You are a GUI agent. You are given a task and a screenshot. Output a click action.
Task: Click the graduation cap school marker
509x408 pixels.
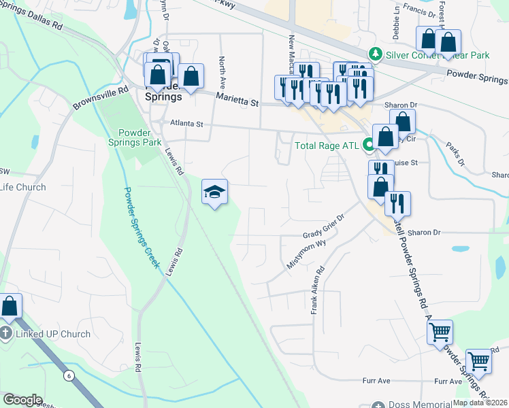pyautogui.click(x=214, y=192)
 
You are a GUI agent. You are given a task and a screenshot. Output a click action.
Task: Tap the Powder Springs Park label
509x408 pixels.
pyautogui.click(x=135, y=137)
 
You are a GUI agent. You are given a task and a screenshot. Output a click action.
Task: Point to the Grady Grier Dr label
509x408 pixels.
pyautogui.click(x=325, y=227)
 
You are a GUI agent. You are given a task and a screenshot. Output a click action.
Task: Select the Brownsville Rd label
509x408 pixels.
pyautogui.click(x=101, y=99)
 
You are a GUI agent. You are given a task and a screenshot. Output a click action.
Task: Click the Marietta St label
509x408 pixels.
pyautogui.click(x=237, y=100)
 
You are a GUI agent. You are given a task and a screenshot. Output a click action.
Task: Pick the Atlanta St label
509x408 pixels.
pyautogui.click(x=186, y=124)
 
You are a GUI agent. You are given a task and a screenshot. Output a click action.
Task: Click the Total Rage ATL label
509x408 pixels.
pyautogui.click(x=326, y=145)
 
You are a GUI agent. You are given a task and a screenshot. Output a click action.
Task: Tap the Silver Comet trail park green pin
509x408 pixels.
pyautogui.click(x=374, y=54)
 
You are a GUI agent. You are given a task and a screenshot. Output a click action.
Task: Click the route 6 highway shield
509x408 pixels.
pyautogui.click(x=68, y=375)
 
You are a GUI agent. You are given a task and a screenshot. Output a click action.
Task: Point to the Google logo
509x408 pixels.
pyautogui.click(x=22, y=400)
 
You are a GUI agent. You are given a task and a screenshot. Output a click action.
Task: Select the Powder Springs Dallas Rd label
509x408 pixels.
pyautogui.click(x=31, y=18)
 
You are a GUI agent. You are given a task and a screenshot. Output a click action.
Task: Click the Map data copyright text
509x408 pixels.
pyautogui.click(x=480, y=403)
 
